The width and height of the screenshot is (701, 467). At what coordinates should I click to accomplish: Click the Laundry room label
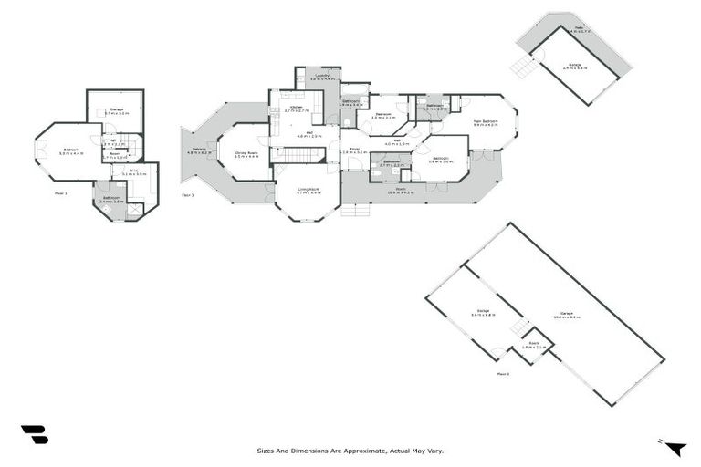(320, 77)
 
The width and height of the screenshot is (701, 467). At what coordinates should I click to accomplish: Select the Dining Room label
(246, 154)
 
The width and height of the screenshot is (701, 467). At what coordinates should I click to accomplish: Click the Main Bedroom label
(485, 121)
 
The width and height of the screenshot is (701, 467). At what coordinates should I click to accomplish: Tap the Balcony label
(199, 151)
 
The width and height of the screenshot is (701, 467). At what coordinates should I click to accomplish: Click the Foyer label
(352, 150)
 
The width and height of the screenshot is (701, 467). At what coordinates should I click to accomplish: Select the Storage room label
(116, 110)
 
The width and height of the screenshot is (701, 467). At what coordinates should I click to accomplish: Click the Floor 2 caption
(503, 374)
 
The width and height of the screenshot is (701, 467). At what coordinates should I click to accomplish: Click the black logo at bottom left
(34, 435)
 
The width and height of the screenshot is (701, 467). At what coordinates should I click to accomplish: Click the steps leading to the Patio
(522, 67)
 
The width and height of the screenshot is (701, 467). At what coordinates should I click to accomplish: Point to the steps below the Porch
(356, 209)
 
